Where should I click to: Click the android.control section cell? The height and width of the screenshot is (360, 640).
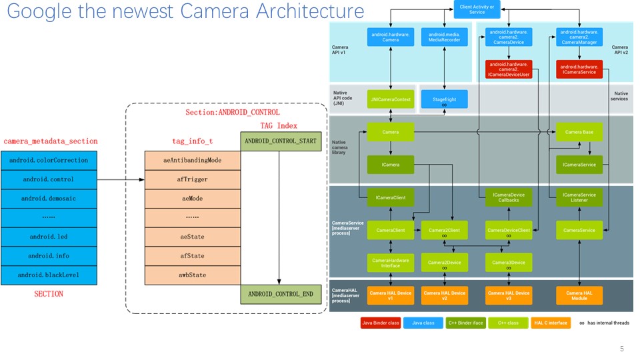click(49, 179)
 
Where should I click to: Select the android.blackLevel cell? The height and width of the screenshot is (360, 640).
click(49, 275)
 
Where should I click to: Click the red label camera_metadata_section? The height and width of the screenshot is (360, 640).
click(51, 141)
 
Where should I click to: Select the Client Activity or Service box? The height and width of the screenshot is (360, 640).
click(477, 9)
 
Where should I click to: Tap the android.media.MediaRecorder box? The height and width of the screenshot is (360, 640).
click(444, 37)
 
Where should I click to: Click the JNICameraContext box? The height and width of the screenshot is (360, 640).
click(390, 99)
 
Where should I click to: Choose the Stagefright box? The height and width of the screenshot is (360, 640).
click(444, 99)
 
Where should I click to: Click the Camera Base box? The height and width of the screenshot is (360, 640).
click(579, 132)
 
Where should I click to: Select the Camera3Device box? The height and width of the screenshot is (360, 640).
click(509, 263)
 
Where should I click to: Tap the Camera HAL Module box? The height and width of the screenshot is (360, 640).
click(579, 295)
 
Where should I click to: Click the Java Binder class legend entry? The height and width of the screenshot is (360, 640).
click(379, 323)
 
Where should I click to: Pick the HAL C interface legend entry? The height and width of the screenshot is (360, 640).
click(551, 323)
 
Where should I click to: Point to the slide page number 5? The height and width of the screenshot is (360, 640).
click(621, 349)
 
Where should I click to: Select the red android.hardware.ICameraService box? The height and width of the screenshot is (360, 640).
click(579, 69)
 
